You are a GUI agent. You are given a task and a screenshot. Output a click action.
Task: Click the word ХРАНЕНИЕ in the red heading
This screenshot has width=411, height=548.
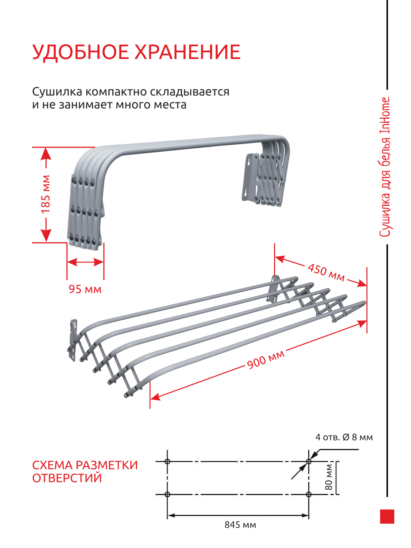click(x=188, y=52)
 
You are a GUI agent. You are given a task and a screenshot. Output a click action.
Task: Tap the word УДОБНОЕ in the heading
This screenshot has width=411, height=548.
click(x=81, y=52)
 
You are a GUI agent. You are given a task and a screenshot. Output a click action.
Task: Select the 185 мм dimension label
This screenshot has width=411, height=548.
click(x=46, y=194)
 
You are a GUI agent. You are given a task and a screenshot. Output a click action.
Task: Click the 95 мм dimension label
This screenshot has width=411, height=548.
click(x=85, y=289)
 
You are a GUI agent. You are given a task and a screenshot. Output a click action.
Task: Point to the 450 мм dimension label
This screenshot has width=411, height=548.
click(x=326, y=272)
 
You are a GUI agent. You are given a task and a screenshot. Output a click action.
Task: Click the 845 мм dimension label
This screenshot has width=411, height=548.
click(x=240, y=525)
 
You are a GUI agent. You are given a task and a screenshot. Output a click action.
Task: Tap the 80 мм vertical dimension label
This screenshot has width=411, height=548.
click(x=329, y=478)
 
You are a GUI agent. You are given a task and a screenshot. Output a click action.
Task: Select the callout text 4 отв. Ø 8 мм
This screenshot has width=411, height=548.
click(x=344, y=437)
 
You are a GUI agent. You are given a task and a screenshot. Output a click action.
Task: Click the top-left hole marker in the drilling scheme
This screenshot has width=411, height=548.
click(x=167, y=461)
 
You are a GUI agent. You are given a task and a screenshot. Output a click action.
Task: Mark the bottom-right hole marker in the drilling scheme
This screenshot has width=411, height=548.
click(x=309, y=494)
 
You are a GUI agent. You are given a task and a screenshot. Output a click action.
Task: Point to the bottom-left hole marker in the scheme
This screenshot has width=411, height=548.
click(x=167, y=494)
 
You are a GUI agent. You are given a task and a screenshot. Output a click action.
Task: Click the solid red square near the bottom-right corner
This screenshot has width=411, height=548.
click(x=387, y=516)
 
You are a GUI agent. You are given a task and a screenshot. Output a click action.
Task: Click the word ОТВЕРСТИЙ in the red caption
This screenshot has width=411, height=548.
click(x=67, y=478)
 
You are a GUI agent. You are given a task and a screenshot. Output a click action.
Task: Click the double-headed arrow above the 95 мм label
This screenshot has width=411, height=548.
click(x=85, y=262)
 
